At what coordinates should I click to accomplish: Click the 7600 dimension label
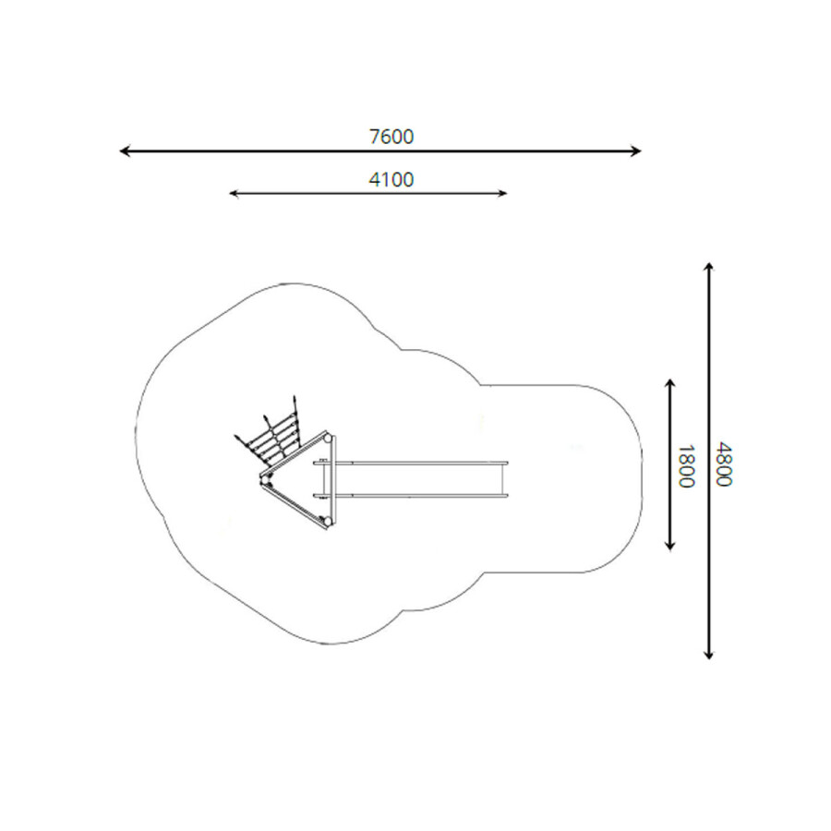pos(391,137)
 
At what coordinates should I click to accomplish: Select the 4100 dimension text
pos(391,180)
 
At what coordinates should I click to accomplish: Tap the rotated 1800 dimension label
pos(686,466)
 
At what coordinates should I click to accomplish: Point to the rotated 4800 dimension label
pos(723,464)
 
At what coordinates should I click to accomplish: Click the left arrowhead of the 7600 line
pos(125,151)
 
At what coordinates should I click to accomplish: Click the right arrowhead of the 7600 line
pos(636,151)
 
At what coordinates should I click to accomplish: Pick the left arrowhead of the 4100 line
pos(234,194)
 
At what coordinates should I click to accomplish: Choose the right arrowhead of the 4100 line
pos(503,194)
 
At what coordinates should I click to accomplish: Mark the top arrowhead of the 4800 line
pos(708,267)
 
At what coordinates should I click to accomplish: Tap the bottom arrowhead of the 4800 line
pos(708,655)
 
